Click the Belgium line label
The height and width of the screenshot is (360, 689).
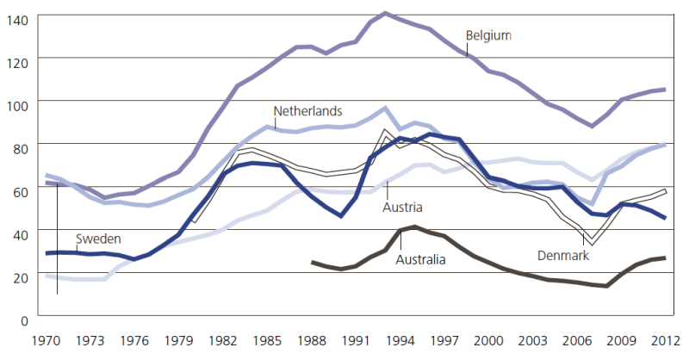(488, 36)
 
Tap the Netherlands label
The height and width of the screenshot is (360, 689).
(307, 111)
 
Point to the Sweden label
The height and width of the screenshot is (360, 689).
(97, 238)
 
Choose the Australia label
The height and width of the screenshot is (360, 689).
(421, 258)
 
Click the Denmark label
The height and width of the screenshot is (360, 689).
(564, 256)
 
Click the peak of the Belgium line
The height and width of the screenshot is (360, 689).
(385, 14)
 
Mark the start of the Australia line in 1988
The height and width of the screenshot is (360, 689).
(313, 262)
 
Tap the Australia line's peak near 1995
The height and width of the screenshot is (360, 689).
(414, 227)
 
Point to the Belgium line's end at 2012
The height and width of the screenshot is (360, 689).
(665, 90)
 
